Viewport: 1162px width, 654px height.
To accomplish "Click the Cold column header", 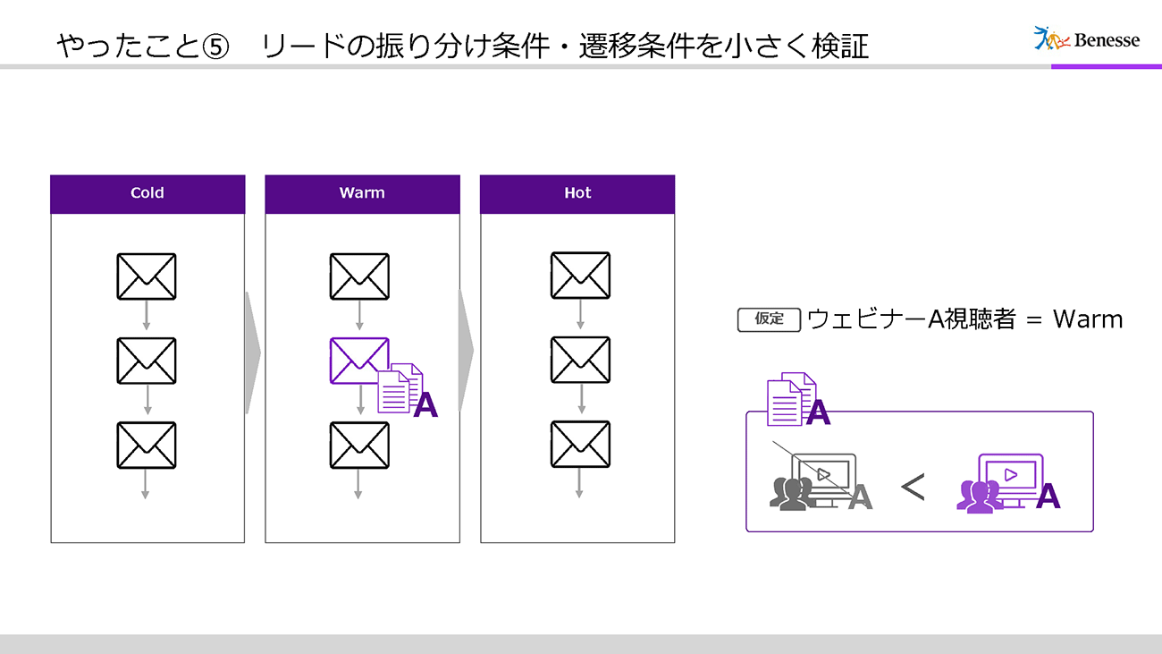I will [147, 193].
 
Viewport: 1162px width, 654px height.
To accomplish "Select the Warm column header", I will [362, 193].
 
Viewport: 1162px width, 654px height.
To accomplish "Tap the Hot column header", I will [577, 193].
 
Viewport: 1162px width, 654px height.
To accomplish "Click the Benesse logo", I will [1086, 38].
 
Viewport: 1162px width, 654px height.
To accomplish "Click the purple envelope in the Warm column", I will [359, 361].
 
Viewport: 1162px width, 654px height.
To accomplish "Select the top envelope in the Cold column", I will [147, 276].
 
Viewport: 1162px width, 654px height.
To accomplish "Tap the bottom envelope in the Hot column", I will [580, 445].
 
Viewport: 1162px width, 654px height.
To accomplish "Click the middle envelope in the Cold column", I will [147, 361].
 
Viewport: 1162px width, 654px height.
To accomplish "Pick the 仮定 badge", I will [769, 319].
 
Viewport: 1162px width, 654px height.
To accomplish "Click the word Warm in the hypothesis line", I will [1087, 319].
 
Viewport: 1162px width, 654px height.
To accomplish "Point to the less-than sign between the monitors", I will [912, 488].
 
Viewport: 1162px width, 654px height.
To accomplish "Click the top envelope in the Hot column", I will [580, 276].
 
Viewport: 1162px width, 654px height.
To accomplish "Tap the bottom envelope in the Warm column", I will [359, 445].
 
